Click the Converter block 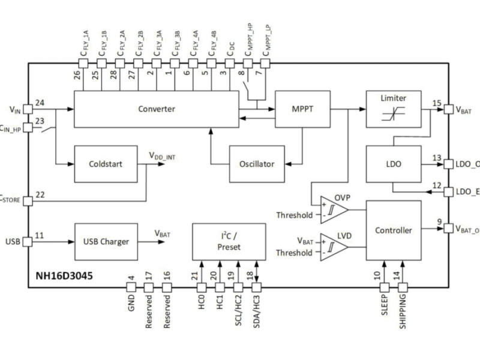[x=156, y=109]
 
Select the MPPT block [x=302, y=109]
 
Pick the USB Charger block [x=106, y=242]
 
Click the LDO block [x=394, y=163]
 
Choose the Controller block [x=394, y=230]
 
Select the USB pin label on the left [x=13, y=242]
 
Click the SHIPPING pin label [x=403, y=310]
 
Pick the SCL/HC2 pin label [x=238, y=313]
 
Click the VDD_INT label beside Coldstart [x=161, y=155]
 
